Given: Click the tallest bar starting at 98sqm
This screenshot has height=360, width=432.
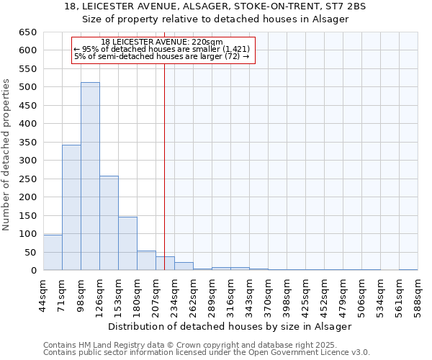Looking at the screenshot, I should coord(90,176).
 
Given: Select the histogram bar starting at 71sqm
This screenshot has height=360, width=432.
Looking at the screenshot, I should coord(71,207).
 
